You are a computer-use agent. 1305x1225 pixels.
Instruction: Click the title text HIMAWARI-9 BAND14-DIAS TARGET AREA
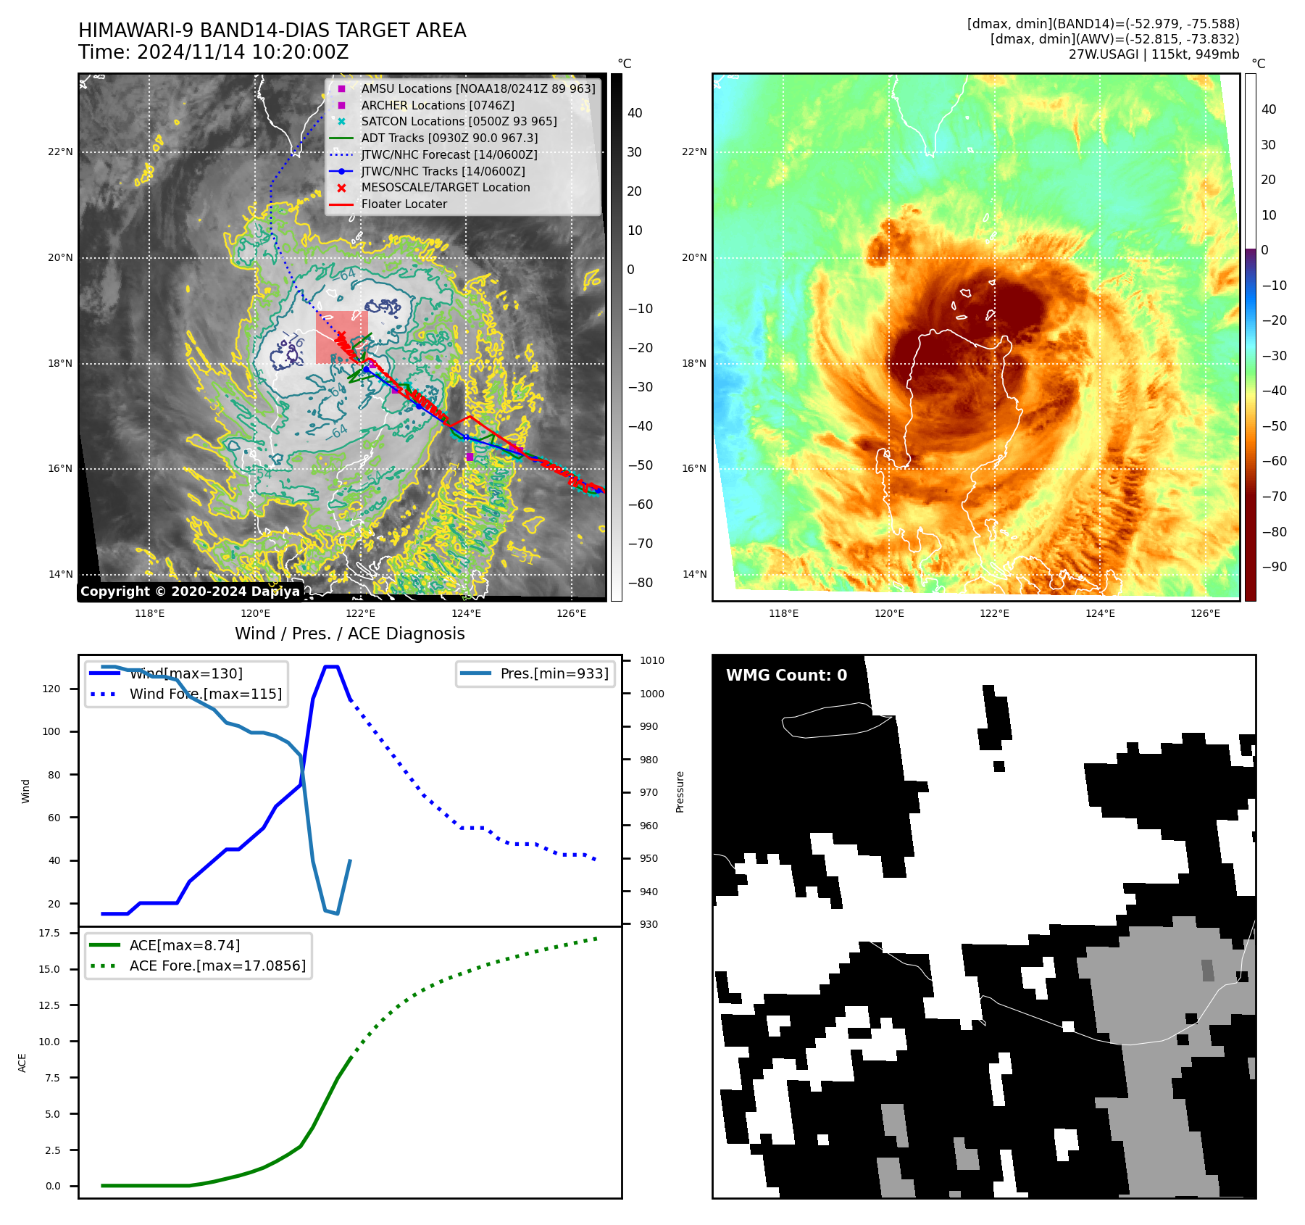click(x=272, y=30)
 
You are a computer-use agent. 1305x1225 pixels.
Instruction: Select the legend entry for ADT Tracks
click(x=449, y=138)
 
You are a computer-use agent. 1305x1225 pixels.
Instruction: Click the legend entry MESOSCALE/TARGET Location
click(x=445, y=187)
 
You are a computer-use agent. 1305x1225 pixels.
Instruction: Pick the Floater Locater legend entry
click(x=404, y=204)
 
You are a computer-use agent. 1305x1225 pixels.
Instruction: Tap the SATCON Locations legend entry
click(x=459, y=121)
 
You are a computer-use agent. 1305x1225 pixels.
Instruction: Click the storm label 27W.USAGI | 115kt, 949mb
click(x=1154, y=54)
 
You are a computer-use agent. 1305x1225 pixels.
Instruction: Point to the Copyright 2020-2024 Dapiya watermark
click(x=190, y=591)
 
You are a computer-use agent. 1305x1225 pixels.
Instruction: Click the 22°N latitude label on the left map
click(x=61, y=151)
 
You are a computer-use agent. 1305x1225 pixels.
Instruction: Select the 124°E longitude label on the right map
click(x=1100, y=613)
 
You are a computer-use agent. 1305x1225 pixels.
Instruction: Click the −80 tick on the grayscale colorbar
click(x=640, y=583)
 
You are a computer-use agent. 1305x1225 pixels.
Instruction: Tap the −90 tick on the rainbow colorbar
click(x=1274, y=567)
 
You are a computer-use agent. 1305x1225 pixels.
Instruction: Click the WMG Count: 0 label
click(x=786, y=676)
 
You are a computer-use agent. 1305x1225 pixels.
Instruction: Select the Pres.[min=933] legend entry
click(x=554, y=673)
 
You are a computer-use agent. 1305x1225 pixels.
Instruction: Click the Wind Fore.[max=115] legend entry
click(x=205, y=694)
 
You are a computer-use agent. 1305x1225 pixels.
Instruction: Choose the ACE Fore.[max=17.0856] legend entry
click(x=217, y=966)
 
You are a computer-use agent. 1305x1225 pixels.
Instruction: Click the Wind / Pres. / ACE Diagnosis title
click(x=349, y=634)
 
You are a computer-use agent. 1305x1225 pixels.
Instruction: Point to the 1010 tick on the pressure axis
click(x=651, y=660)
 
